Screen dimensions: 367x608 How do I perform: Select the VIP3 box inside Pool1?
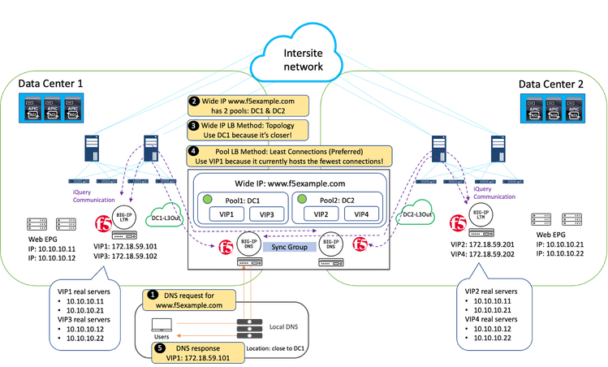(265, 214)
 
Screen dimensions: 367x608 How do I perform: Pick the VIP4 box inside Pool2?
(360, 214)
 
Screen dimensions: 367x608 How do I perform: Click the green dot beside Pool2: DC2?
(302, 198)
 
